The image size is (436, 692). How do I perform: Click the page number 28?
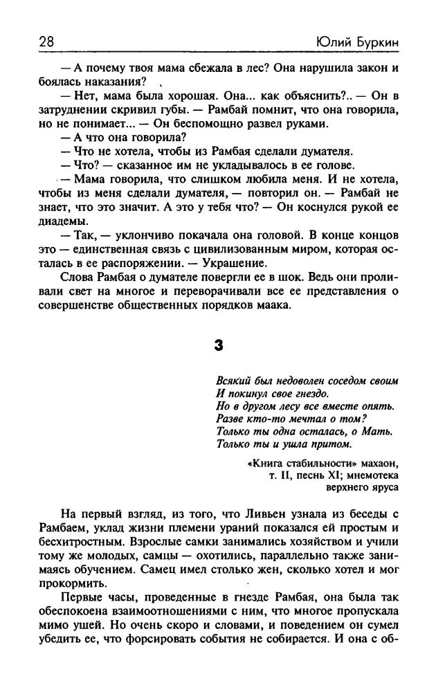click(48, 43)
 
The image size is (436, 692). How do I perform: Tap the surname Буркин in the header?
click(378, 43)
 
